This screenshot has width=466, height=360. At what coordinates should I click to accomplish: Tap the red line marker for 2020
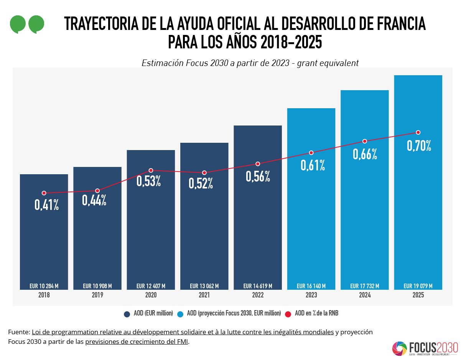point(151,170)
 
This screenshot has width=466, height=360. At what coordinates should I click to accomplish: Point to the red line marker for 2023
point(311,153)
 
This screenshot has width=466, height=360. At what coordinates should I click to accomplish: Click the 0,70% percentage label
point(419,146)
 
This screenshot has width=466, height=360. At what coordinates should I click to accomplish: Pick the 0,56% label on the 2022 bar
point(258,177)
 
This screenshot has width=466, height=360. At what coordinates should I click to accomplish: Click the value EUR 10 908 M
point(97,286)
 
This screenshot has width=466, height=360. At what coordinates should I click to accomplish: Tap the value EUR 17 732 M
point(364,286)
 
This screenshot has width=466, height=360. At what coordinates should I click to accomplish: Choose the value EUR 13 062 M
point(204,286)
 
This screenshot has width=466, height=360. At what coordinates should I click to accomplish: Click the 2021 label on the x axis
point(204,296)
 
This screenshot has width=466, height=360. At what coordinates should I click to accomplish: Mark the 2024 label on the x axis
point(365,296)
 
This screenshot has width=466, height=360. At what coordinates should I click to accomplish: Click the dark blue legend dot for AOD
point(127,314)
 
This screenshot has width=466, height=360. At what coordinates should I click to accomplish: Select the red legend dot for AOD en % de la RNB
point(288,314)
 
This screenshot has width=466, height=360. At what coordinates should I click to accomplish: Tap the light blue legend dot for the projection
point(180,314)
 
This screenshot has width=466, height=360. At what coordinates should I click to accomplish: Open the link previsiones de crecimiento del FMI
point(137,342)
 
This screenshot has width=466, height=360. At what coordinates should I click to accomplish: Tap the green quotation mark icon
point(27,24)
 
